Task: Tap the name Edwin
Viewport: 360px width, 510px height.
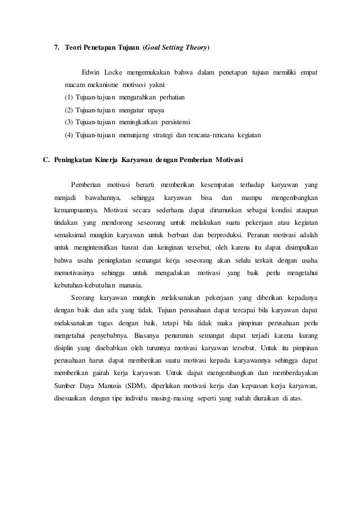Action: (x=92, y=73)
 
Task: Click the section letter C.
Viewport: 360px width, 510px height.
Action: (x=47, y=160)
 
